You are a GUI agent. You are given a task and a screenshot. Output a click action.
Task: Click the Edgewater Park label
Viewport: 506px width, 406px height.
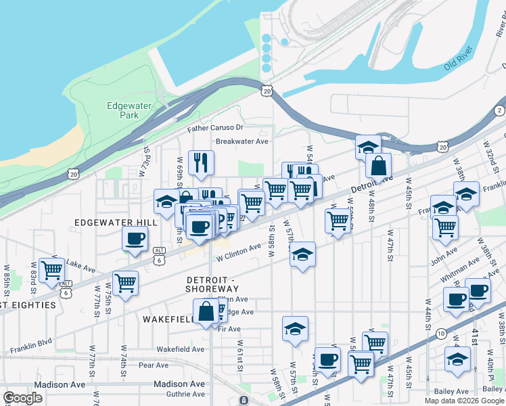point(122,110)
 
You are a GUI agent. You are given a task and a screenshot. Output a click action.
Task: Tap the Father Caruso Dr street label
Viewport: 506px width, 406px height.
point(215,127)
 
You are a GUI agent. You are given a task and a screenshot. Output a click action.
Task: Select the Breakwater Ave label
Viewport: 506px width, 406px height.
point(242,141)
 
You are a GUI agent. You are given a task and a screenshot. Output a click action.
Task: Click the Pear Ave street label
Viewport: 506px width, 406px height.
point(153,365)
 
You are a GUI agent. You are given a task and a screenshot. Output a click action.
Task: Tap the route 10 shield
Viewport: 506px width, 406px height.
point(440,333)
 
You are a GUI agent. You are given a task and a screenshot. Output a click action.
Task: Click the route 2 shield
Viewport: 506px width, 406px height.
point(499,110)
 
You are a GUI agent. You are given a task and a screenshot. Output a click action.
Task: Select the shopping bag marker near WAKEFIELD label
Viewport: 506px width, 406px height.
point(206,311)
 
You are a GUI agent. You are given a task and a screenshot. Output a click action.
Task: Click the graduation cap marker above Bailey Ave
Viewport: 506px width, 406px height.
point(457,359)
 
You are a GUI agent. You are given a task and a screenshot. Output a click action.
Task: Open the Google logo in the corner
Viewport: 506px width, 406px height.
point(23,398)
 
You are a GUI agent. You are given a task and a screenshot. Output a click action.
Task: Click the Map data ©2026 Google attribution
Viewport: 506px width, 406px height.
point(464,401)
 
